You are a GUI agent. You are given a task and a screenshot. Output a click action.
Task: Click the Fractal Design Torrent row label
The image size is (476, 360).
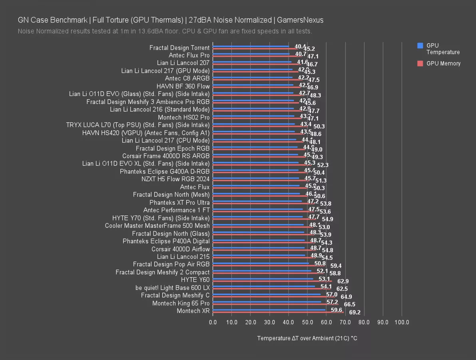click(x=179, y=48)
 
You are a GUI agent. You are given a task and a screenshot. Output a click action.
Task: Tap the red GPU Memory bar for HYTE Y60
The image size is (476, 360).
click(x=272, y=281)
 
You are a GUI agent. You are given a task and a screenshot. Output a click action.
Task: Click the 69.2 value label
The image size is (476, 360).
click(x=355, y=312)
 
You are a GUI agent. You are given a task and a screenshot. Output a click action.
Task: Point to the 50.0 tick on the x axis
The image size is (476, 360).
click(x=307, y=322)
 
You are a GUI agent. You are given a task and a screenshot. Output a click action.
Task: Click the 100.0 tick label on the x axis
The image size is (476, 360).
click(x=402, y=322)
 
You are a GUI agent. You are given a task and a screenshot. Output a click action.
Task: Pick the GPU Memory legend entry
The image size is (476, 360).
click(x=443, y=63)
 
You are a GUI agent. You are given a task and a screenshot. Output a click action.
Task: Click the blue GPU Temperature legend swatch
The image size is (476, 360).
click(x=420, y=46)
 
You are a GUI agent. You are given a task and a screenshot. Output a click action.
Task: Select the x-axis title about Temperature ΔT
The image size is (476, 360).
click(x=307, y=338)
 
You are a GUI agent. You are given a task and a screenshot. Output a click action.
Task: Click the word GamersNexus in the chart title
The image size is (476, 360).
click(x=300, y=20)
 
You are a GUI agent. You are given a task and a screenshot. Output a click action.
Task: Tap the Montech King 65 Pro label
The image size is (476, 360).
click(x=181, y=303)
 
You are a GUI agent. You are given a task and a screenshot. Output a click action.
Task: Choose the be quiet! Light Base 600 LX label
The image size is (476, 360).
click(x=173, y=288)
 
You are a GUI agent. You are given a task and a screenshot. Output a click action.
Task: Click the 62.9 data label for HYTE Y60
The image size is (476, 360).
click(x=343, y=282)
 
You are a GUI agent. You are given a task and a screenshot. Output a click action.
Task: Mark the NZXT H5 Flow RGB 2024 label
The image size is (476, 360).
click(x=175, y=179)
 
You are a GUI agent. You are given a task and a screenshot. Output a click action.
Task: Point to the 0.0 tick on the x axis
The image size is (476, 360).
click(x=213, y=322)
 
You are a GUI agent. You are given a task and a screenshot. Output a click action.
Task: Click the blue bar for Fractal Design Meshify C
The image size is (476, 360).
click(x=267, y=294)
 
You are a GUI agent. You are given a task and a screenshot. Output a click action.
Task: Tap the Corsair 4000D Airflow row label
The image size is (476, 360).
click(x=181, y=249)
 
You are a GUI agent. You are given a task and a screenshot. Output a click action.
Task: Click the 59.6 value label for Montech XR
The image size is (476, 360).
click(x=337, y=310)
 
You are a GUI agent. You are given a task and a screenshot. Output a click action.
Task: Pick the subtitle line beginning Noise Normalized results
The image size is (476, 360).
click(x=165, y=31)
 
